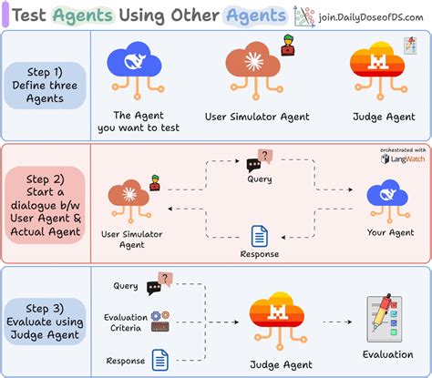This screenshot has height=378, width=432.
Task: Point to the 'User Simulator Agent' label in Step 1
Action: point(258,117)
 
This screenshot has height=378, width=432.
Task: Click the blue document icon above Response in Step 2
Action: point(259,235)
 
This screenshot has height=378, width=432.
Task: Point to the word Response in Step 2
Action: point(259,254)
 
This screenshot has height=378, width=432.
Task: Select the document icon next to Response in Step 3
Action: point(160,359)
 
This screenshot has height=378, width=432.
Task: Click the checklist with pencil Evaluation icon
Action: point(381,315)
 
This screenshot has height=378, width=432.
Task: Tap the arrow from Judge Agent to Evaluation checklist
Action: point(335,322)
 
